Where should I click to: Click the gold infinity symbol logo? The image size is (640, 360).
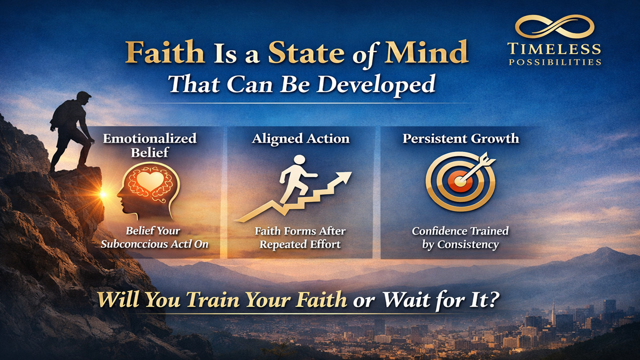point(554,26)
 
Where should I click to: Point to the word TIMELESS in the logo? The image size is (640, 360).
point(554,49)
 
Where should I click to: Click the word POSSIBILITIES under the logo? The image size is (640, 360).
point(554,62)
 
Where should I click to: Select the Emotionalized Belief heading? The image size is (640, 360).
point(149,145)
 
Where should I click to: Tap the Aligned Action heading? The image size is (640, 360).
point(300,138)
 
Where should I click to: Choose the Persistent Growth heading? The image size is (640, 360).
point(460,138)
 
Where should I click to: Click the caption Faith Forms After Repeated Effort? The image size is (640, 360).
point(300,237)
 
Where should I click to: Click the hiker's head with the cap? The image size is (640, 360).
point(83,98)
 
